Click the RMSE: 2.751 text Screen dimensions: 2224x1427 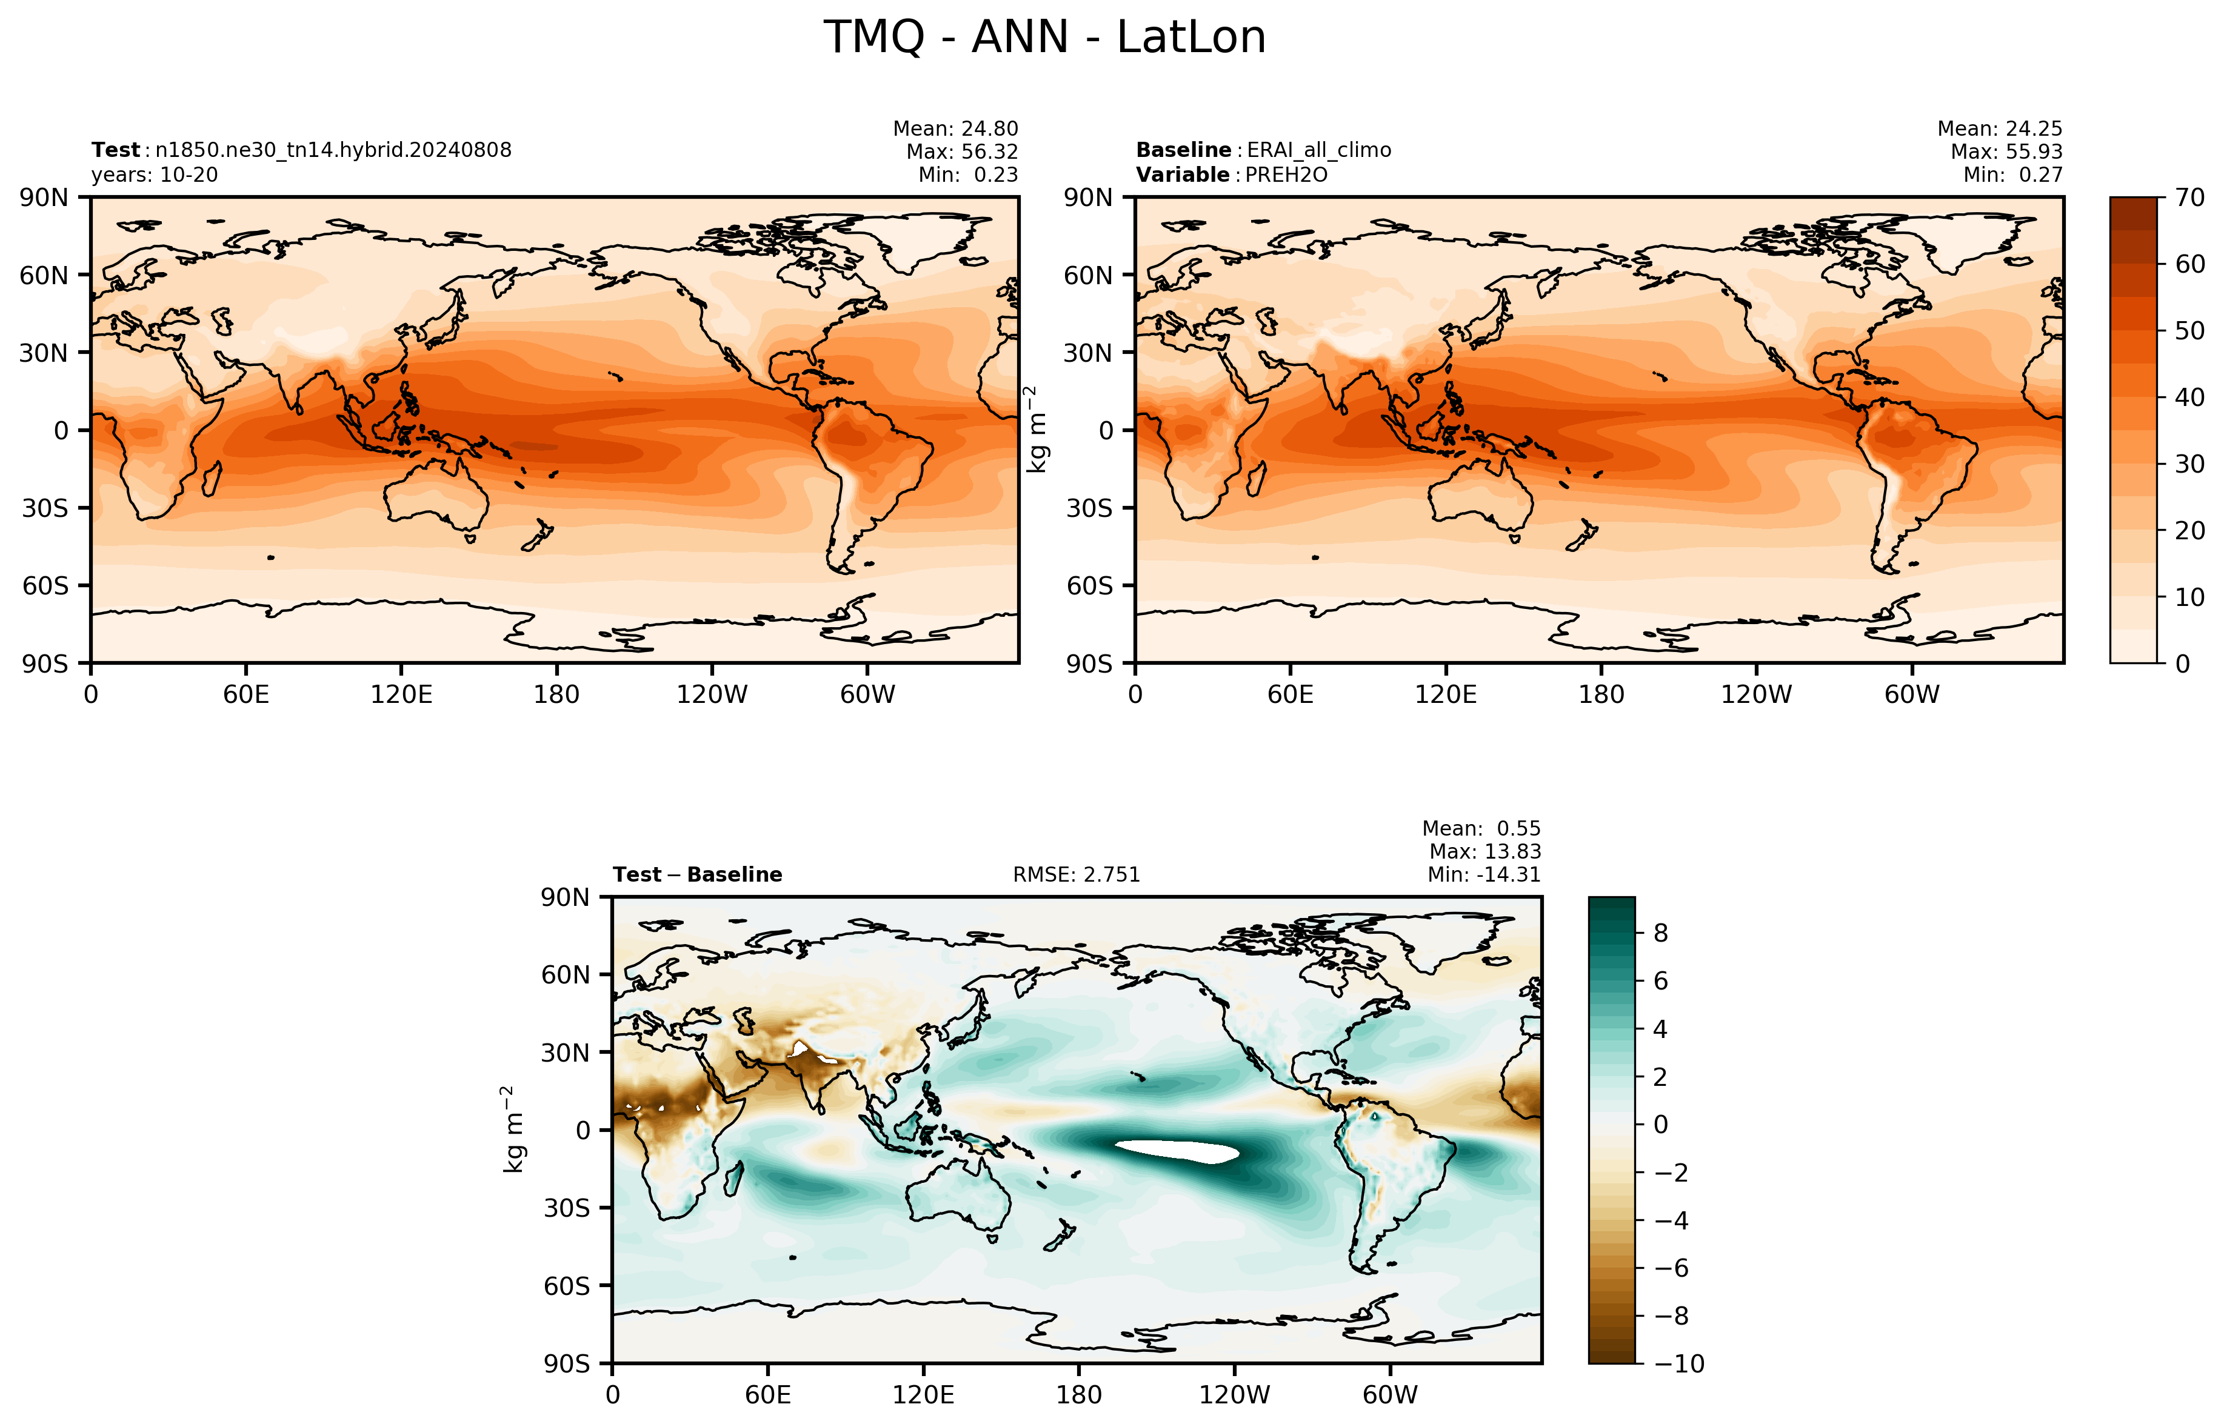pyautogui.click(x=1076, y=875)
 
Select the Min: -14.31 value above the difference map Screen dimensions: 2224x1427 pyautogui.click(x=1484, y=875)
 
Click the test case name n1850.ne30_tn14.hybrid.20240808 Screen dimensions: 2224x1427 pyautogui.click(x=333, y=150)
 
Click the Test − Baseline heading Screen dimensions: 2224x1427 pyautogui.click(x=697, y=875)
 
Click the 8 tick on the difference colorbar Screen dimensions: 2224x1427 pyautogui.click(x=1661, y=933)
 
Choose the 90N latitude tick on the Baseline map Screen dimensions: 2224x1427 pyautogui.click(x=1088, y=198)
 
